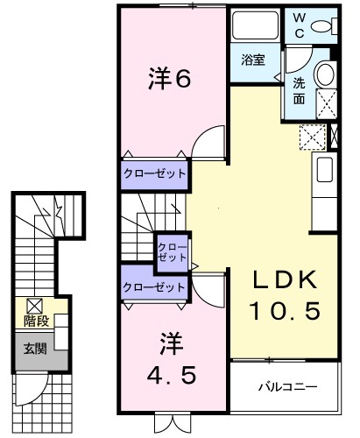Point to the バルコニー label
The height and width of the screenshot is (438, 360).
point(286,386)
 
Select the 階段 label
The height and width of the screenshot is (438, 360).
point(35,321)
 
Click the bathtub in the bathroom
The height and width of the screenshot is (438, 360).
point(255,28)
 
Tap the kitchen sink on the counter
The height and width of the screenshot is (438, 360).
point(323,169)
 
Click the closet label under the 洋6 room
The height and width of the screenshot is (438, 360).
point(154,173)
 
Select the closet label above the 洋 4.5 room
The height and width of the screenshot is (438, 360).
point(154,286)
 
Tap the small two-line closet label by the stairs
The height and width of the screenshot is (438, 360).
point(172,252)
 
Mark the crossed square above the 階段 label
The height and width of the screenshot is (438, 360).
point(34,306)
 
